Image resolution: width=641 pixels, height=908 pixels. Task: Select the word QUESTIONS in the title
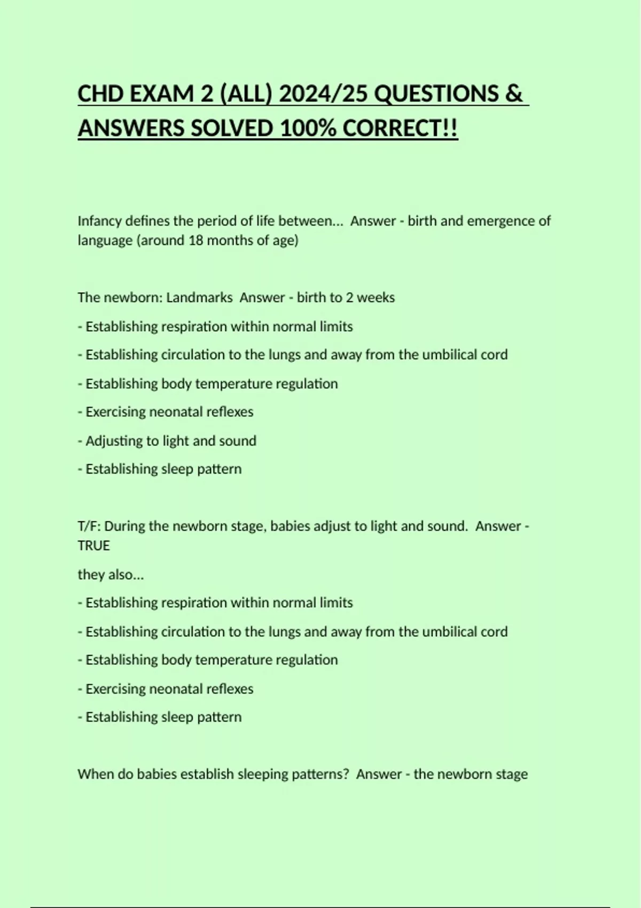436,94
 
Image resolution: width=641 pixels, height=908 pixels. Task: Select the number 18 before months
196,240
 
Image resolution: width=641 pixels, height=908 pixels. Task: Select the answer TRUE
93,545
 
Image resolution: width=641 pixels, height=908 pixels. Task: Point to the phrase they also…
111,575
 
